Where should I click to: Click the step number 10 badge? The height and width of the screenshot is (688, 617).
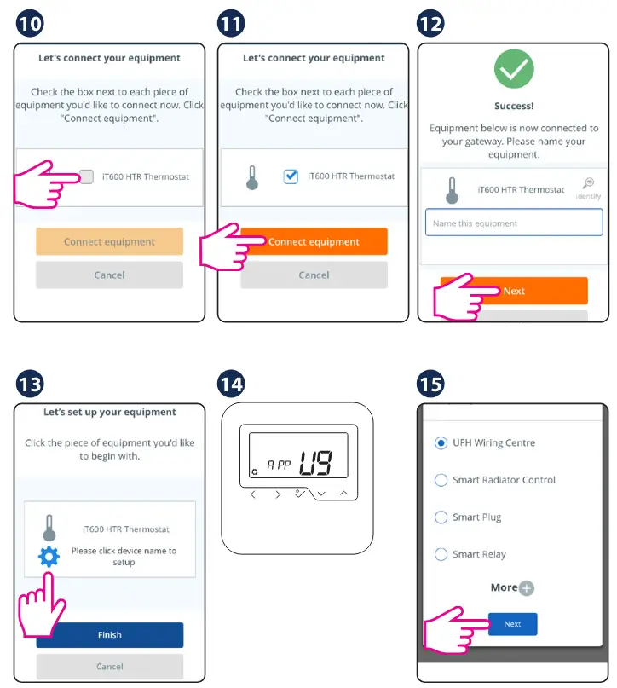tap(30, 23)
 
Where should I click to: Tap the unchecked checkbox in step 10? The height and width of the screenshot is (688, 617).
tap(87, 176)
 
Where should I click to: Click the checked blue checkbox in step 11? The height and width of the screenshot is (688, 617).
tap(291, 176)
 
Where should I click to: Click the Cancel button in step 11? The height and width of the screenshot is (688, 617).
tap(314, 275)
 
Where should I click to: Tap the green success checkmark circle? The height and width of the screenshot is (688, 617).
tap(514, 69)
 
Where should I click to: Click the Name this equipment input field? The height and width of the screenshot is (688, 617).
tap(514, 223)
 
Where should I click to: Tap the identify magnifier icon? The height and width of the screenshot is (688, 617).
tap(589, 183)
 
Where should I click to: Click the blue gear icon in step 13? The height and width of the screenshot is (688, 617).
tap(49, 557)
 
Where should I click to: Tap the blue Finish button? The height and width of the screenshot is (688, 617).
tap(110, 635)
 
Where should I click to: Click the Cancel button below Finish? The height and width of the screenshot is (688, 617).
tap(110, 667)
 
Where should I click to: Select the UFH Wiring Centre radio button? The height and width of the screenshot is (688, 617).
tap(441, 442)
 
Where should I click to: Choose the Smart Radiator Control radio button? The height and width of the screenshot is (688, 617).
tap(441, 480)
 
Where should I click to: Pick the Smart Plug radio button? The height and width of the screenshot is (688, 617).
tap(441, 517)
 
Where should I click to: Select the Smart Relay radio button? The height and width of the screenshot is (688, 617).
tap(441, 555)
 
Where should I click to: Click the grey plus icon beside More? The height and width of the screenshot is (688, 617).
tap(526, 588)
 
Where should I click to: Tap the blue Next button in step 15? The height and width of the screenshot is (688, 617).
tap(513, 624)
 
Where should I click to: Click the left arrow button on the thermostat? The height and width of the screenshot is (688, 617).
tap(253, 494)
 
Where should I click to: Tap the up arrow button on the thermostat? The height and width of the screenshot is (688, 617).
tap(343, 493)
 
